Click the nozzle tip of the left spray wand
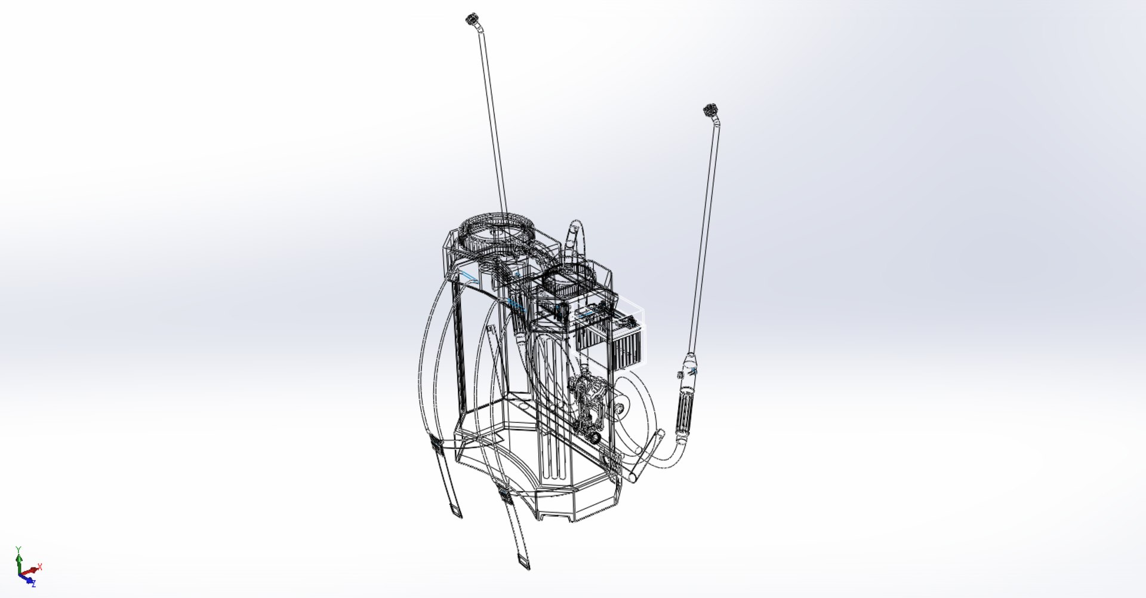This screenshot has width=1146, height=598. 472,19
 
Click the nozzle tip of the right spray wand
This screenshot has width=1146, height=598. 710,110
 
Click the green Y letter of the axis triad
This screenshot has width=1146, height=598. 19,549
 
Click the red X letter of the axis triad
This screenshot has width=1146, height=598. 40,566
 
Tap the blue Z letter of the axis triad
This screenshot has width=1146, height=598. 33,584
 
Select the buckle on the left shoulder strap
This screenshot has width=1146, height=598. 435,446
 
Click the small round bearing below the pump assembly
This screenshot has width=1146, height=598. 594,438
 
